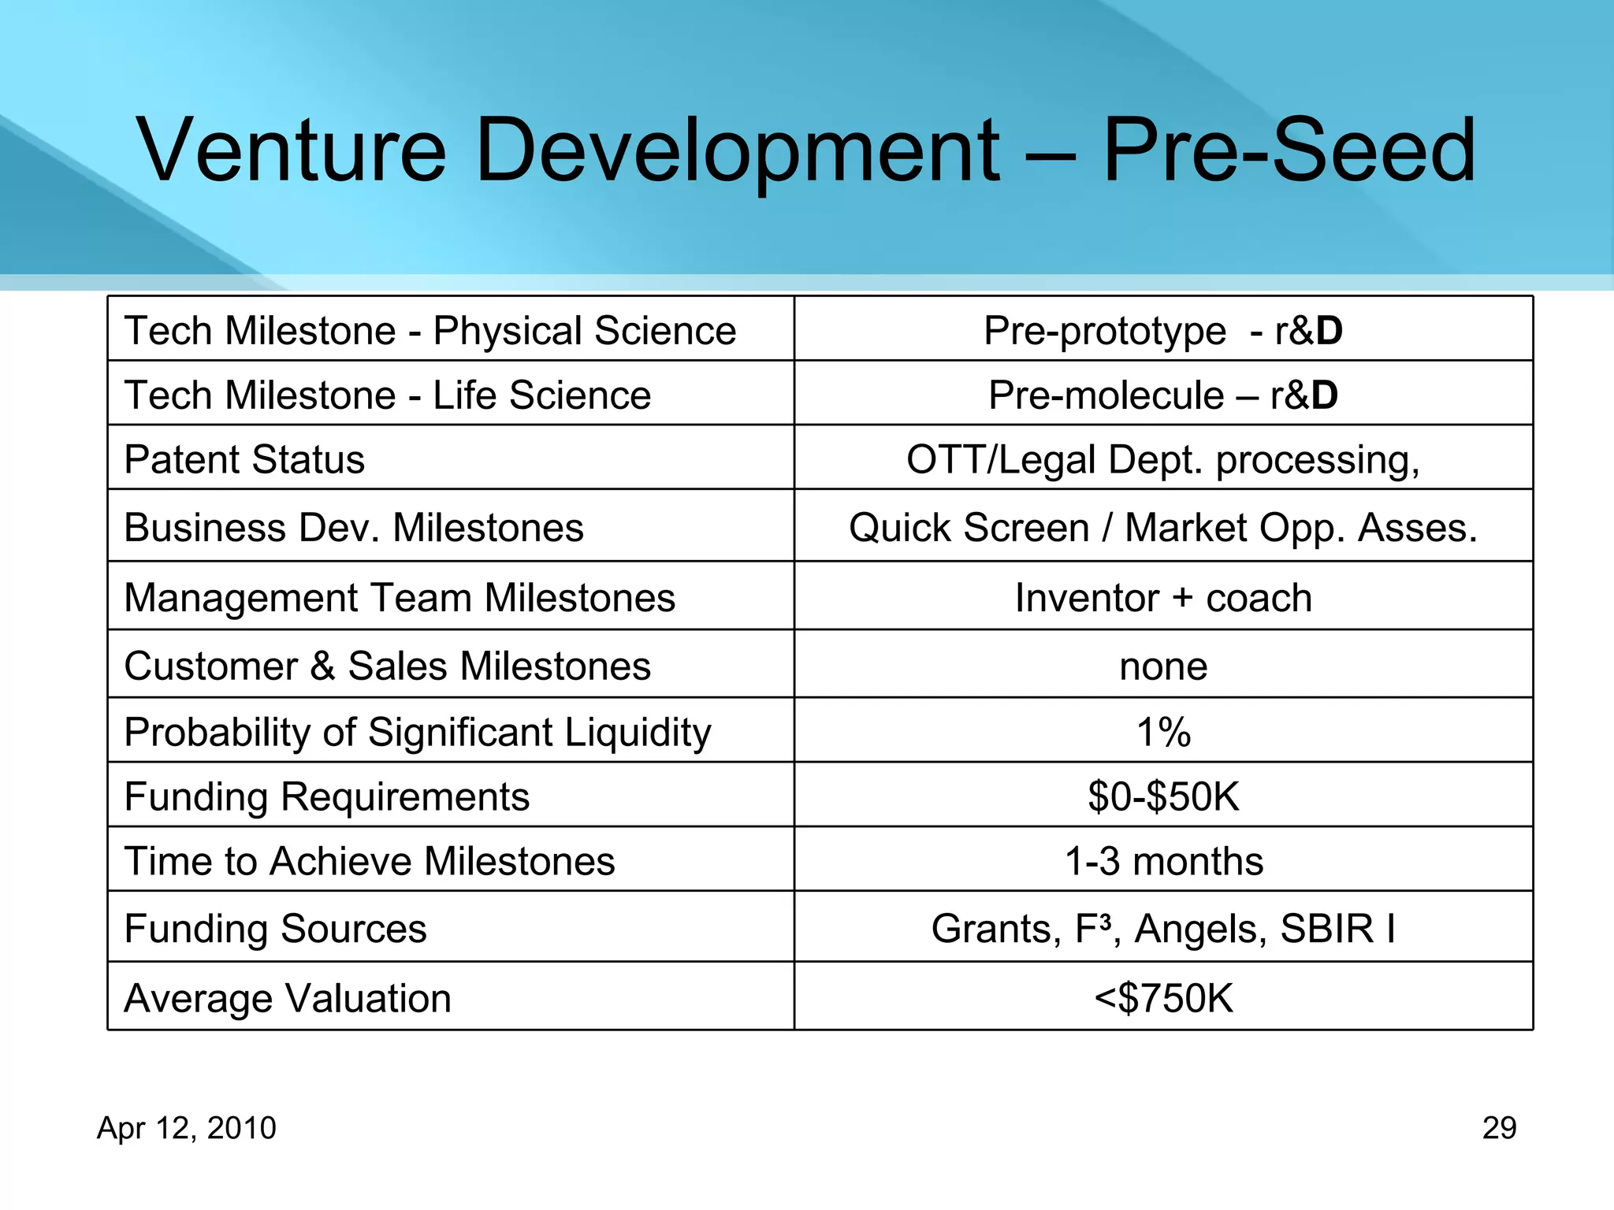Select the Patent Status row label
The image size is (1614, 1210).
coord(244,459)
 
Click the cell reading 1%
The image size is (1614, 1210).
coord(1163,732)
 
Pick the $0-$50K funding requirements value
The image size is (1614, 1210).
coord(1163,796)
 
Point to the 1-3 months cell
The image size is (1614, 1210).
coord(1163,861)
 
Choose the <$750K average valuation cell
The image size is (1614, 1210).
coord(1163,998)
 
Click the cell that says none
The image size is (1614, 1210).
coord(1163,666)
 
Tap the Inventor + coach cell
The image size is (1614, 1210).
coord(1163,598)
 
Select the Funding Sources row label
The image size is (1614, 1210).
coord(275,929)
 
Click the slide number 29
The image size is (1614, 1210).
coord(1499,1128)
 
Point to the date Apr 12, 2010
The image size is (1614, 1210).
coord(187,1128)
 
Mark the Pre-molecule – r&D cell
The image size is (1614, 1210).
coord(1163,395)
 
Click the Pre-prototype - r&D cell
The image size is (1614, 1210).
coord(1163,331)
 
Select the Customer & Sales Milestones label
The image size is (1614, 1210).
coord(387,666)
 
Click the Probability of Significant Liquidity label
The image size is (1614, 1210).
coord(418,732)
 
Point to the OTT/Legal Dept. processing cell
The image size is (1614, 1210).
coord(1163,459)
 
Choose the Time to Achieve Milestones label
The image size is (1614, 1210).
coord(370,861)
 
